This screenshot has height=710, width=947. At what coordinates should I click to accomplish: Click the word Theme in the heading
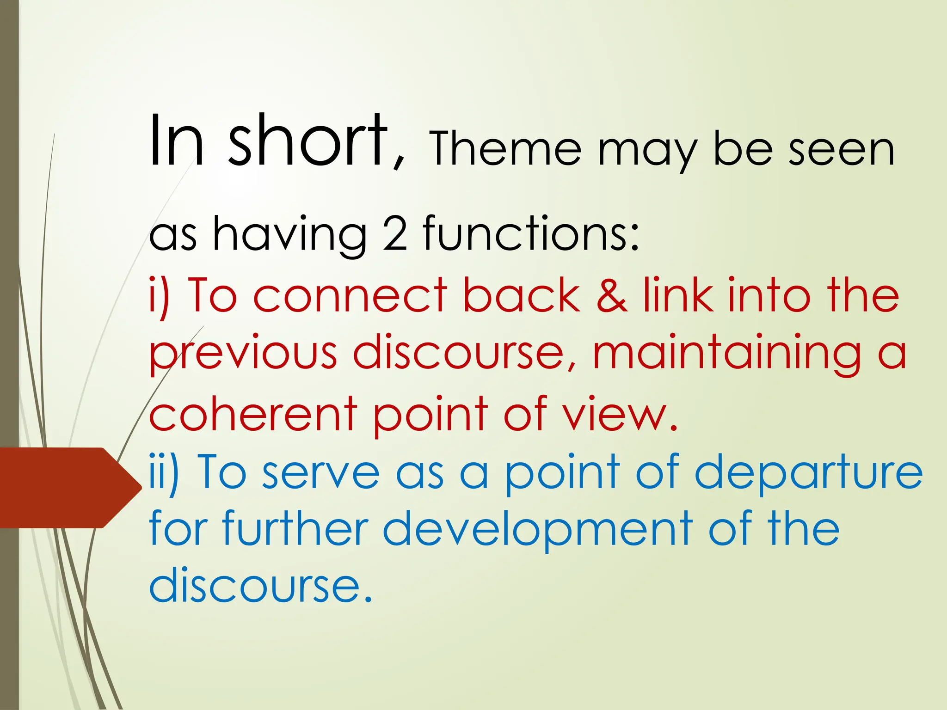pos(505,149)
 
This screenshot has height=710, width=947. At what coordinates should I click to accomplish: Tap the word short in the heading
pos(307,141)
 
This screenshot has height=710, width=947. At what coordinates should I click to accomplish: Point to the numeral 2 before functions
pos(395,234)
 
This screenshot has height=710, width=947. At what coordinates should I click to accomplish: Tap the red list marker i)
pos(159,296)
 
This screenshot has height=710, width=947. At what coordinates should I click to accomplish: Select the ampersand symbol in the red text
pos(612,296)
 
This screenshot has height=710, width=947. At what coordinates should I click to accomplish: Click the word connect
pos(350,296)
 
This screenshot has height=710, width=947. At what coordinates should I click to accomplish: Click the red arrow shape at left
pos(69,488)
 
